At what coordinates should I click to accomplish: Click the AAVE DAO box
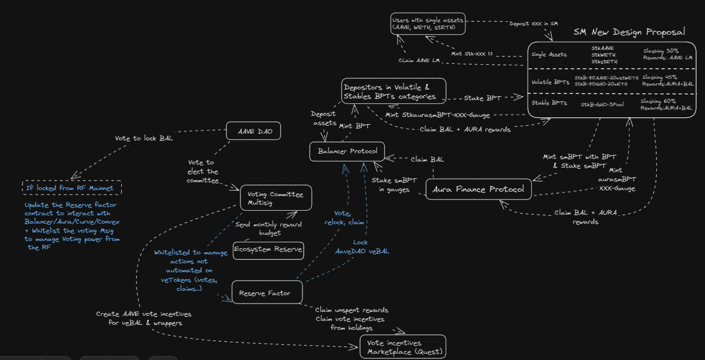[253, 131]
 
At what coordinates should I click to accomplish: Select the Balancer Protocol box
[347, 151]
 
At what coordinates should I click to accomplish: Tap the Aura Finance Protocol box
[479, 189]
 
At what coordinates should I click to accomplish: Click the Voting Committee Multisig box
[276, 198]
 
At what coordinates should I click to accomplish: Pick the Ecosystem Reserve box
[268, 250]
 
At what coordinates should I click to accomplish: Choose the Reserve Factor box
[267, 292]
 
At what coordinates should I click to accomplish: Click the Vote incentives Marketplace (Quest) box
[403, 347]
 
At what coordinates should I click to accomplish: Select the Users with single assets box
[428, 23]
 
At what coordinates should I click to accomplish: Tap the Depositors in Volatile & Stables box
[394, 91]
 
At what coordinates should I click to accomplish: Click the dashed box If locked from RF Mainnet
[72, 188]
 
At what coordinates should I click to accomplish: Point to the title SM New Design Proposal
[629, 32]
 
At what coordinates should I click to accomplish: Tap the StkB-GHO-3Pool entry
[602, 105]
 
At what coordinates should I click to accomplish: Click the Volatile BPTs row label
[550, 82]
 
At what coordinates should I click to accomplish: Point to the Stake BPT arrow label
[482, 98]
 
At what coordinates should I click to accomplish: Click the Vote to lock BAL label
[144, 138]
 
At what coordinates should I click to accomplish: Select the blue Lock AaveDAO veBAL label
[362, 247]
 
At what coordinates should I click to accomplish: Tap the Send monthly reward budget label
[268, 229]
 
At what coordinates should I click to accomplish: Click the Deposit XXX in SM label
[533, 23]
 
